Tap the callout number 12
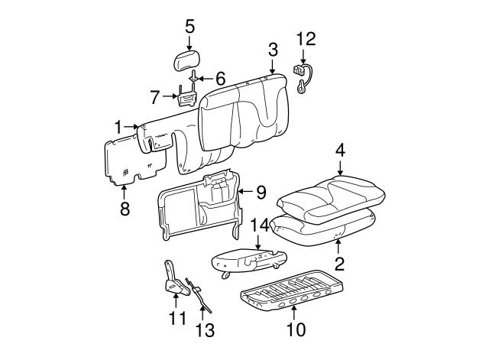306,39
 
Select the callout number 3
273,51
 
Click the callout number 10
295,329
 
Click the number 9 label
260,191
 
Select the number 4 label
340,150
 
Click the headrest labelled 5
189,59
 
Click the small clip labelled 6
194,77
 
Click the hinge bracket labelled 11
173,280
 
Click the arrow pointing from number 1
128,126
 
